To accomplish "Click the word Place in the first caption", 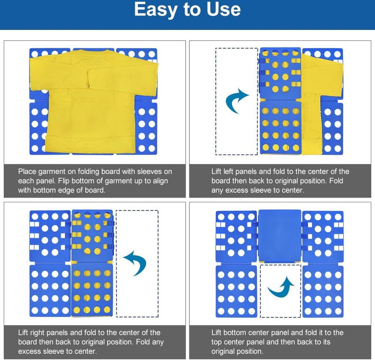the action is click(x=27, y=171).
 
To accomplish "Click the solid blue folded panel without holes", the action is click(x=280, y=236).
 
